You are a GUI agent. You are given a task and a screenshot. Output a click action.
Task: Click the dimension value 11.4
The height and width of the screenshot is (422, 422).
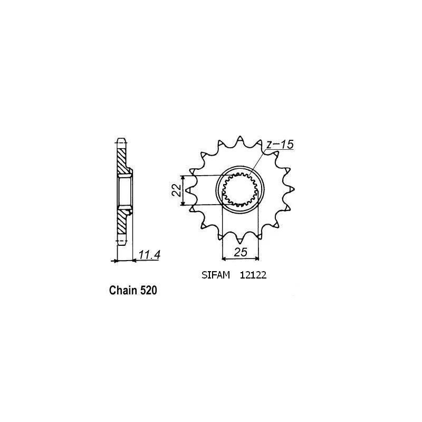pyautogui.click(x=149, y=255)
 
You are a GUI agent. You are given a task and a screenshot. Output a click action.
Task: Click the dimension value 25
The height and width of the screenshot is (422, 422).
pyautogui.click(x=241, y=253)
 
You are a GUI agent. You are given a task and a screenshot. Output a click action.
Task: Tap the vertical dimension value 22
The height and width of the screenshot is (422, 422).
pyautogui.click(x=177, y=190)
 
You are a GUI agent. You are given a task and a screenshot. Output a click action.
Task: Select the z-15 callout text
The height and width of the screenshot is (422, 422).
pyautogui.click(x=280, y=145)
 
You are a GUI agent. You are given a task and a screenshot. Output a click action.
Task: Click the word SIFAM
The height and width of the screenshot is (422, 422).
pyautogui.click(x=216, y=275)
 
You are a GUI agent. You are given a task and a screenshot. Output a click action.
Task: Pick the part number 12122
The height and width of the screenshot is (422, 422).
pyautogui.click(x=253, y=275)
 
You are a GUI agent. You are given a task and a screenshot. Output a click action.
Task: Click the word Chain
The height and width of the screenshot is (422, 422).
pyautogui.click(x=123, y=291)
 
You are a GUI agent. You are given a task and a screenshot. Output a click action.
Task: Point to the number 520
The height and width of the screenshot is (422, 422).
pyautogui.click(x=148, y=291)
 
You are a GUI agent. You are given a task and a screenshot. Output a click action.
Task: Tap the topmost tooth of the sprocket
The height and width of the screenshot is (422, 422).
pyautogui.click(x=240, y=140)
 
